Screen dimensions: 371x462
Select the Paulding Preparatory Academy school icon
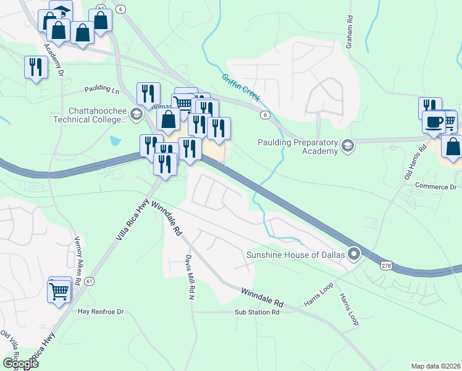(x=348, y=147)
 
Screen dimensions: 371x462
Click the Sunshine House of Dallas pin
(x=354, y=254)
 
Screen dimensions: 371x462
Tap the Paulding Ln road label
(x=102, y=89)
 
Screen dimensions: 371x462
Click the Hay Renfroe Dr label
(x=101, y=312)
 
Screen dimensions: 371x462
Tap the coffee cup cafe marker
(x=435, y=120)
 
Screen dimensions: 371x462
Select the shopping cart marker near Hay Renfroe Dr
(x=59, y=290)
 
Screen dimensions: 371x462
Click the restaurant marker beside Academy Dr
(x=36, y=66)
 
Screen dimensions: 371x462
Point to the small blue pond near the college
(x=115, y=141)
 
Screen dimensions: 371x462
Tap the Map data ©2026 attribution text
(x=436, y=366)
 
